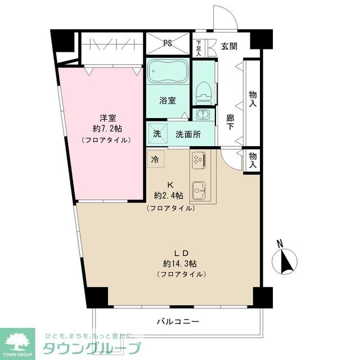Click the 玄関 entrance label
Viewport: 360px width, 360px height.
pos(228,46)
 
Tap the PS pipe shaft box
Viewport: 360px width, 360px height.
pos(168,43)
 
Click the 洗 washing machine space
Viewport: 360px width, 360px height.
pos(157,134)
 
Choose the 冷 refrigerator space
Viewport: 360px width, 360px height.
pos(155,159)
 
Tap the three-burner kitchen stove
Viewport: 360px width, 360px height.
pos(199,160)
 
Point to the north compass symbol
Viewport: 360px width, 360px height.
pos(284,259)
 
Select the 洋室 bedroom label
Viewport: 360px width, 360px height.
pos(108,118)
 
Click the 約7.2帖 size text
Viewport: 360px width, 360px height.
pos(108,128)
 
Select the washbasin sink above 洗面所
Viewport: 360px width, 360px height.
pos(202,115)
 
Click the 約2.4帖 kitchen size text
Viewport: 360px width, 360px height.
pos(168,196)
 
